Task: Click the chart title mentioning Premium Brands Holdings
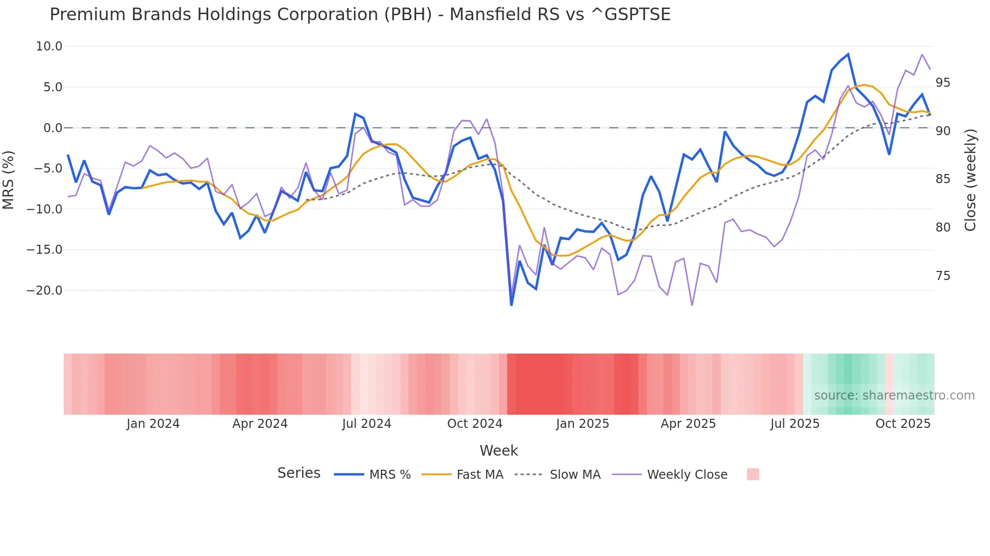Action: pyautogui.click(x=360, y=15)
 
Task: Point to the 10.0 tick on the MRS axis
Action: pyautogui.click(x=49, y=46)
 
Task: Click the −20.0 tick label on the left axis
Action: pyautogui.click(x=44, y=291)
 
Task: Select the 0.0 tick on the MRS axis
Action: pyautogui.click(x=53, y=128)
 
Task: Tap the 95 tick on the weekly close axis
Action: pyautogui.click(x=943, y=83)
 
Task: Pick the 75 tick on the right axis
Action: pyautogui.click(x=943, y=276)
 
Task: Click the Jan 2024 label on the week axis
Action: pyautogui.click(x=153, y=424)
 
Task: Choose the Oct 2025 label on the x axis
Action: pyautogui.click(x=903, y=424)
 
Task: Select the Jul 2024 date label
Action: pyautogui.click(x=367, y=424)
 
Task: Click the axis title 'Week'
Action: pyautogui.click(x=499, y=451)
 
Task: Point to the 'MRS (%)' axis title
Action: pyautogui.click(x=9, y=180)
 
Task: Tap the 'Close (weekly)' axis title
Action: pyautogui.click(x=970, y=180)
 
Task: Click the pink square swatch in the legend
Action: pyautogui.click(x=753, y=474)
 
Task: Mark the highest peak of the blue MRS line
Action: pyautogui.click(x=848, y=54)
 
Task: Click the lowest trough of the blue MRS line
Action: pyautogui.click(x=511, y=305)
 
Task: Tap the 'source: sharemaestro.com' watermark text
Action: pyautogui.click(x=894, y=396)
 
